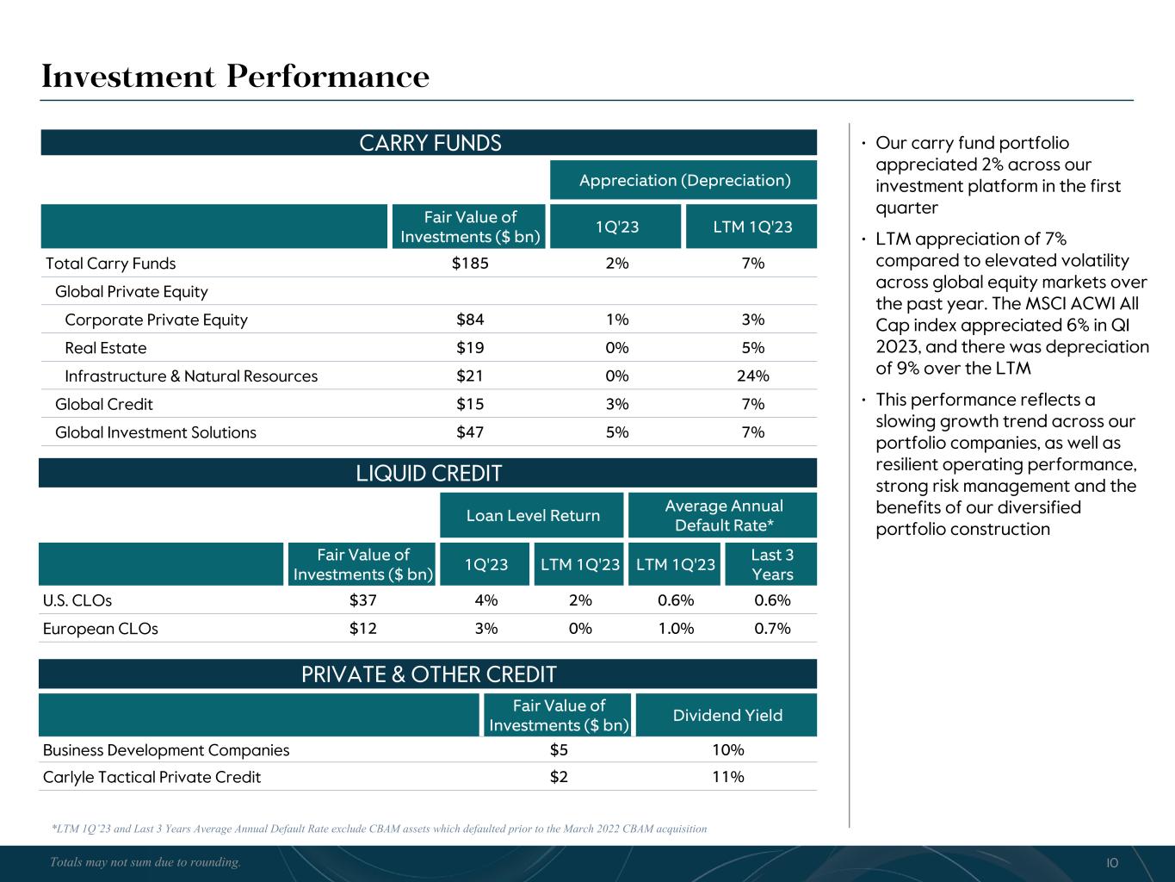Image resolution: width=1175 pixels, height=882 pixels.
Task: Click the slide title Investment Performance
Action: tap(235, 77)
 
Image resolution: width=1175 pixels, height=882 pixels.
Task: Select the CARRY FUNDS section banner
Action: tap(430, 143)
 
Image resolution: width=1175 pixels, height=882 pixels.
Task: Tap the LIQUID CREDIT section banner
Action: tap(429, 473)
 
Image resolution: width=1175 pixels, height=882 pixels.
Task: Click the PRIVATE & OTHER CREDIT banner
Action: tap(429, 674)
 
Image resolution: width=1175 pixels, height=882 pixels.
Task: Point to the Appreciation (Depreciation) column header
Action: tap(684, 180)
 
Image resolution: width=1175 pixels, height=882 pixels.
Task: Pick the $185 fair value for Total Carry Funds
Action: tap(470, 264)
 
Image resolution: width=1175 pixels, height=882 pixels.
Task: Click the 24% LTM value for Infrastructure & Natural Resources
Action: tap(753, 376)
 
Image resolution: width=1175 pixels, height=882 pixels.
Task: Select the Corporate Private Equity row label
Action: tap(156, 320)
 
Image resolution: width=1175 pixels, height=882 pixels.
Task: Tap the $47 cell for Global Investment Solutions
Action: tap(470, 432)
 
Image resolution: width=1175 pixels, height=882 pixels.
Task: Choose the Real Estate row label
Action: tap(105, 348)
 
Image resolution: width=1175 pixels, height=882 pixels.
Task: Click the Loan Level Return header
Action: tap(533, 515)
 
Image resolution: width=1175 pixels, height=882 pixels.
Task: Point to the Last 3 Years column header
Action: tap(772, 564)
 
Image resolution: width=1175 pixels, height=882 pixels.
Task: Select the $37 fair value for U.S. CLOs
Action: tap(362, 600)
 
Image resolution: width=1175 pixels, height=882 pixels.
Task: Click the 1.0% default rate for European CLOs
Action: tap(676, 629)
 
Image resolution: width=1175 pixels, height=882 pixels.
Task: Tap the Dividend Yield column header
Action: tap(727, 716)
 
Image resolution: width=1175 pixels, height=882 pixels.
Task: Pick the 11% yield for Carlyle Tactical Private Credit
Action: tap(727, 777)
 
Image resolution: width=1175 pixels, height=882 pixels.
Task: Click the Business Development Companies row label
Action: tap(166, 750)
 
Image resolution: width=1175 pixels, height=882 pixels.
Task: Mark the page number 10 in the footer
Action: tap(1111, 863)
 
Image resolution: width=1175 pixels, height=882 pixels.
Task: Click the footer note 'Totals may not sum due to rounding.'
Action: tap(145, 862)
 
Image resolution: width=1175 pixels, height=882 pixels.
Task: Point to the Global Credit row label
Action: tap(103, 405)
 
